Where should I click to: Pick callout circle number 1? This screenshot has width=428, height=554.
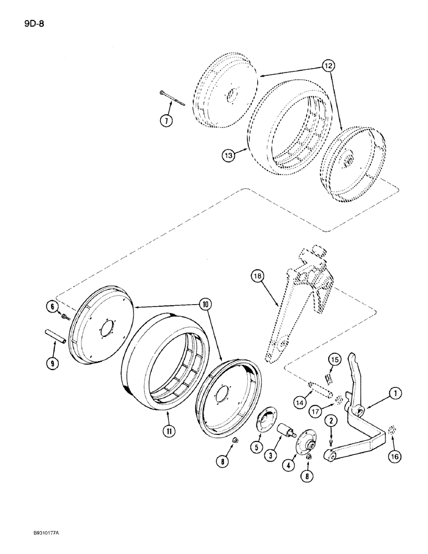(x=394, y=394)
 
